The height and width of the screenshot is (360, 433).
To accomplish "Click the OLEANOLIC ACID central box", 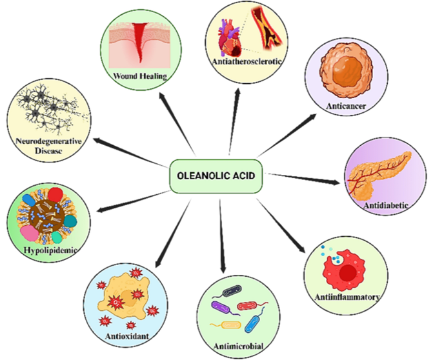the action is (x=216, y=176).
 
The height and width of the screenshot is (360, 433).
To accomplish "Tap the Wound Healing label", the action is (x=140, y=76).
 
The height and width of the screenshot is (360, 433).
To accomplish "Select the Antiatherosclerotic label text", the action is (x=247, y=61).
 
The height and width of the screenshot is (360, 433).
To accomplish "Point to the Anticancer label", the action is (x=346, y=106).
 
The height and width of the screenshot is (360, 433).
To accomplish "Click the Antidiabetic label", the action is (x=385, y=205).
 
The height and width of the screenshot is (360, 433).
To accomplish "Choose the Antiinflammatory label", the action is (x=347, y=297).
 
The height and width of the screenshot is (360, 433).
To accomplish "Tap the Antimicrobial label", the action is (x=238, y=346).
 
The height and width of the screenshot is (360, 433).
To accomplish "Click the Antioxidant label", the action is (x=127, y=336).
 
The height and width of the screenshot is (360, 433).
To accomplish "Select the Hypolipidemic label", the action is (x=50, y=250).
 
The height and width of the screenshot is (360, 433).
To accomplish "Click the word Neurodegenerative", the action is (x=48, y=141).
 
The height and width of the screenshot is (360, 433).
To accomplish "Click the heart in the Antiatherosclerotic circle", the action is (x=230, y=38).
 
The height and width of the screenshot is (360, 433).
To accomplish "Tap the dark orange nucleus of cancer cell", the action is (x=347, y=72).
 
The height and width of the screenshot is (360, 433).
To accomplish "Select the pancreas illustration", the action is (x=379, y=175).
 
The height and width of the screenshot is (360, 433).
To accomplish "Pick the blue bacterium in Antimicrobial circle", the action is (x=253, y=322).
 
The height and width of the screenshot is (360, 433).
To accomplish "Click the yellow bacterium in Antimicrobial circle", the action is (x=227, y=325).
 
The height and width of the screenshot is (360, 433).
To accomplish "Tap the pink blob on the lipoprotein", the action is (x=29, y=234).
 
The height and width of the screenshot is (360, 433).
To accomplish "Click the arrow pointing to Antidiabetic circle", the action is (x=302, y=178).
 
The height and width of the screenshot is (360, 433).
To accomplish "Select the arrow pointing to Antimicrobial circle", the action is (x=222, y=235).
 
